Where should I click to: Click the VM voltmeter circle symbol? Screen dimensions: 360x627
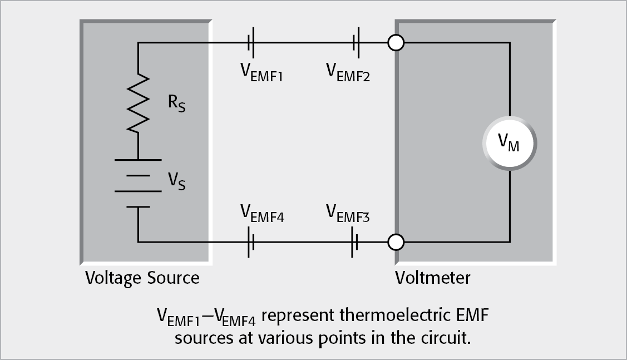coord(510,144)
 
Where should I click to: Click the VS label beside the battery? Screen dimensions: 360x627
coord(177,181)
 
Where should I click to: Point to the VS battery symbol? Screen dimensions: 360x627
coord(132,183)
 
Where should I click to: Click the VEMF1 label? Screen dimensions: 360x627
coord(261,72)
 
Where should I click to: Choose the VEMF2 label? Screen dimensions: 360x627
coord(348,72)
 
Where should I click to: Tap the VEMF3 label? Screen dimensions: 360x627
coord(348,213)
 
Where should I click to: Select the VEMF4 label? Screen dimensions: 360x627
coord(261,213)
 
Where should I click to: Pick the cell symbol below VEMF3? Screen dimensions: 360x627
coord(354,243)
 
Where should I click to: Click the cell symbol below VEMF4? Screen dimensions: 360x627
coord(251,243)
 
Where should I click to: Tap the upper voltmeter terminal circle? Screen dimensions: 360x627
coord(396,43)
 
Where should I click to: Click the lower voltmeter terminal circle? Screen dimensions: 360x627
coord(396,243)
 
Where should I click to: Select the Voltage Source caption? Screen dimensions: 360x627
coord(142,278)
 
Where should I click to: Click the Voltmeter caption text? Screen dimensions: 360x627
coord(432,278)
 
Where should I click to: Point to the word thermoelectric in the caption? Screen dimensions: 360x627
coord(376,318)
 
